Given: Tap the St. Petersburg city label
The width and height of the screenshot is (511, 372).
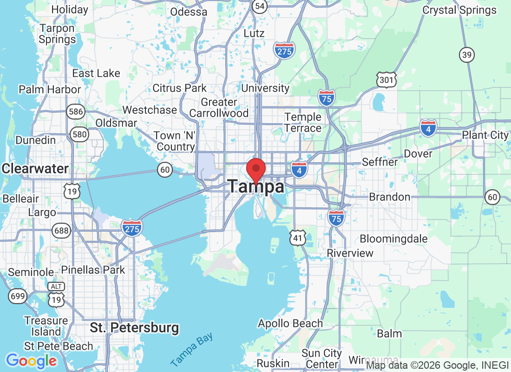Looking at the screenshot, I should click(134, 328).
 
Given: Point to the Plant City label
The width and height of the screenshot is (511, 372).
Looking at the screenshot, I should click(485, 135).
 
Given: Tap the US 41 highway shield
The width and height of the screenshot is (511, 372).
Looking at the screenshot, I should click(297, 238).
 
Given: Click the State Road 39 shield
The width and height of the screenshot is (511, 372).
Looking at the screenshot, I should click(467, 54).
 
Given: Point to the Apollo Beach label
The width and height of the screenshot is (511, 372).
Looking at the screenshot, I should click(290, 323).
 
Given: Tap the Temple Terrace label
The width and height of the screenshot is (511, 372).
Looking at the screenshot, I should click(303, 122).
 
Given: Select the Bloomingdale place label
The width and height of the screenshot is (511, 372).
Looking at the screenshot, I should click(393, 239).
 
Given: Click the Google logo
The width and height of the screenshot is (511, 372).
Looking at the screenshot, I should click(31, 361).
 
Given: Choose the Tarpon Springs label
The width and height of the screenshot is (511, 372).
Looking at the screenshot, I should click(57, 34).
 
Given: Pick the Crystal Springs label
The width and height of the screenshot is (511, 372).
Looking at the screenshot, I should click(459, 10).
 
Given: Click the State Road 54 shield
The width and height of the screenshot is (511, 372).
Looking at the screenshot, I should click(260, 6).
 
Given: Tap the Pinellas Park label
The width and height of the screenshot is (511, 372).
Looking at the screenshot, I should click(93, 270).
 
